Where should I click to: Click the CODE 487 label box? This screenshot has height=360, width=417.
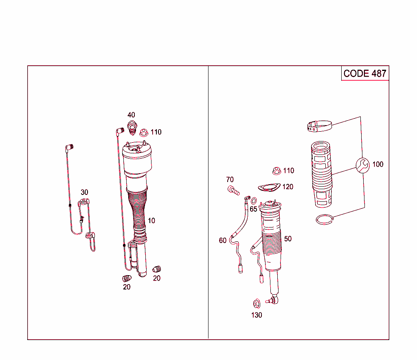tap(365, 73)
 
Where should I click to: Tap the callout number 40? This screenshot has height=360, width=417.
tap(131, 115)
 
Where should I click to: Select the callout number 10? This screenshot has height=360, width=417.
tap(151, 221)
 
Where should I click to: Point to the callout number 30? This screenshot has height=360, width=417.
tap(84, 192)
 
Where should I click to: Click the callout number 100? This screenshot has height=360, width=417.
tap(378, 164)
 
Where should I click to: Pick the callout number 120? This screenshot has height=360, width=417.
tap(288, 187)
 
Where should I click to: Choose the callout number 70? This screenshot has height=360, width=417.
tap(230, 180)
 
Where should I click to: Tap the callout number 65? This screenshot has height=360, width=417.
tap(253, 209)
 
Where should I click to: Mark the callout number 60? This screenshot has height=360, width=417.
tap(222, 241)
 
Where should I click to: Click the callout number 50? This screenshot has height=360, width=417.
tap(288, 239)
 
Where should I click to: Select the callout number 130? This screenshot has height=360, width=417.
tap(257, 315)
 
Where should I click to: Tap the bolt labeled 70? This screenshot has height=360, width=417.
tap(233, 190)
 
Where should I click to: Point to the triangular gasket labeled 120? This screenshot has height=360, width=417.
tap(268, 188)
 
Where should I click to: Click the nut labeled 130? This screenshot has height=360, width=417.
tap(257, 303)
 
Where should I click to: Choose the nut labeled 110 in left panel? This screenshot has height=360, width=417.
tap(143, 133)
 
